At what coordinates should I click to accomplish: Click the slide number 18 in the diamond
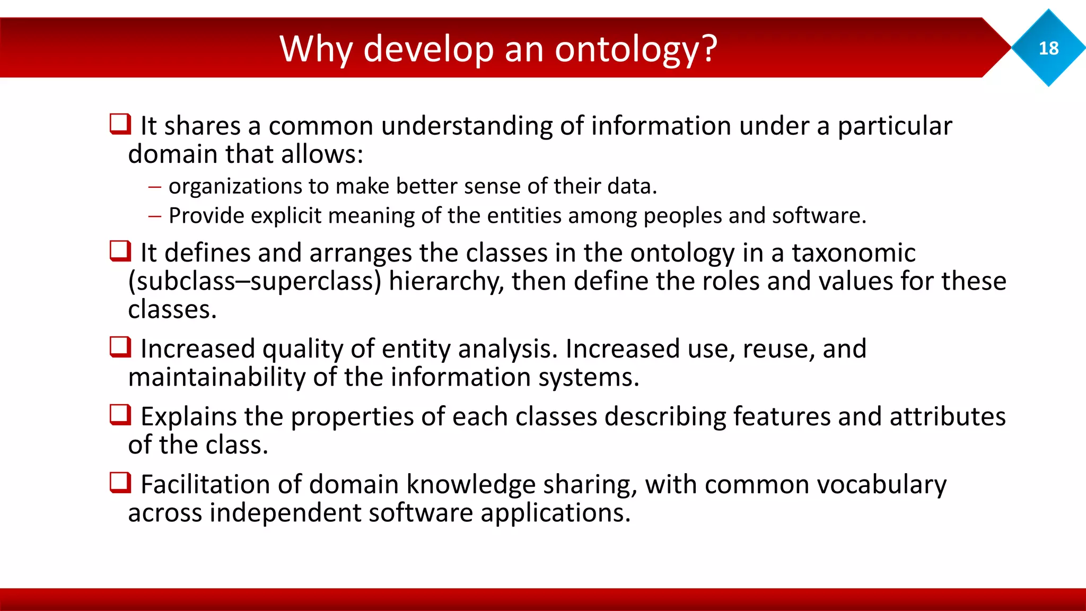[x=1048, y=48]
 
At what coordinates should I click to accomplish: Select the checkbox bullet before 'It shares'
[x=120, y=124]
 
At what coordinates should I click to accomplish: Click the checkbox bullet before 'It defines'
[x=120, y=251]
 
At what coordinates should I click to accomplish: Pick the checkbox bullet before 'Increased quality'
[x=120, y=347]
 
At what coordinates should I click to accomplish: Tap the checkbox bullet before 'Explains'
[x=120, y=415]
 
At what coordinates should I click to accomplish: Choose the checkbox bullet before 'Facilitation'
[x=120, y=483]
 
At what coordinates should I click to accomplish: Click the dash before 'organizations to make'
[x=154, y=187]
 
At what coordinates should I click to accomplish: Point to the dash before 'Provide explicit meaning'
[x=154, y=216]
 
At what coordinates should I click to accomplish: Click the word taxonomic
[x=854, y=252]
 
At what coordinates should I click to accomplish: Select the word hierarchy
[x=446, y=281]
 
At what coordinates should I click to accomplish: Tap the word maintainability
[x=216, y=377]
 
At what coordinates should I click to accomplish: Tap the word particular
[x=895, y=126]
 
